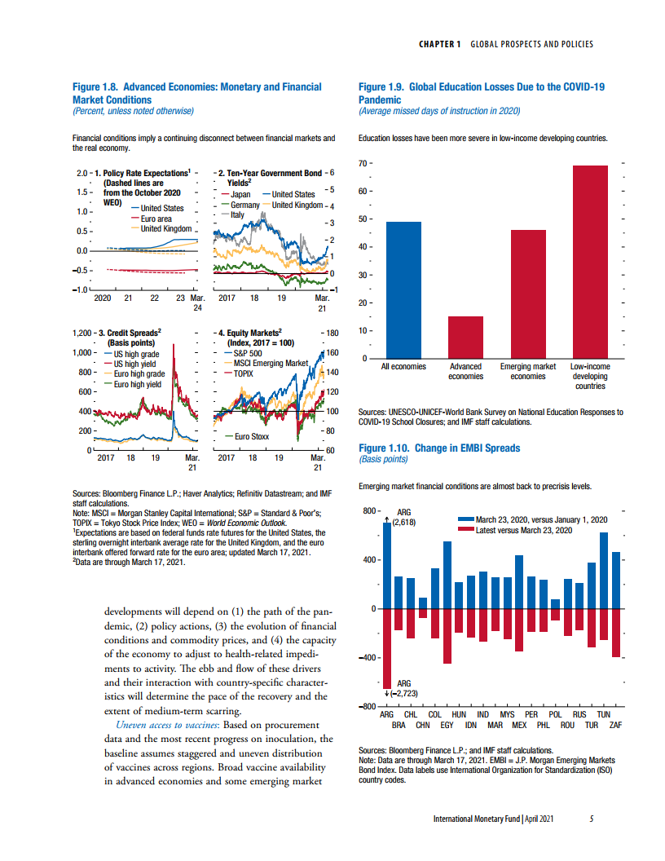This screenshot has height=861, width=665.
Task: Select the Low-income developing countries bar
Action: [x=590, y=262]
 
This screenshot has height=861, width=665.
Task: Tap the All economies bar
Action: [x=403, y=290]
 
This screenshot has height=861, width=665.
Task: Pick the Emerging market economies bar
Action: [x=528, y=294]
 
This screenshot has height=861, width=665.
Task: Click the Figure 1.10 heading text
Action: [x=438, y=448]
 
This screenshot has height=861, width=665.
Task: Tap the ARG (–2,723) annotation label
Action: [x=403, y=688]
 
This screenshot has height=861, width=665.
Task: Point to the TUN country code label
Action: [x=604, y=714]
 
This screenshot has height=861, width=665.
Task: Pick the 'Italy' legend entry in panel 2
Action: [x=238, y=214]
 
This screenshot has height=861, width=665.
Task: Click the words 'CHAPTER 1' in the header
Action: [x=439, y=44]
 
